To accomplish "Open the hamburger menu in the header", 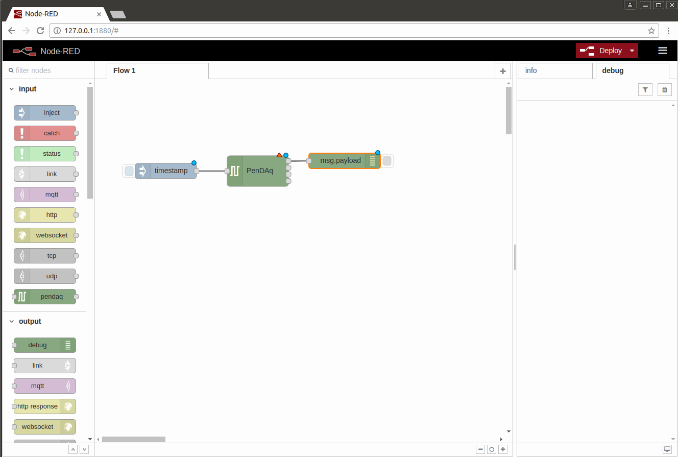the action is pyautogui.click(x=663, y=51).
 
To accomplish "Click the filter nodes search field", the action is pyautogui.click(x=49, y=70).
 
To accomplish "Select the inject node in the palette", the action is pyautogui.click(x=45, y=112).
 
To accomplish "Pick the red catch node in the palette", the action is pyautogui.click(x=45, y=133).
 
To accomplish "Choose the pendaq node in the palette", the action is pyautogui.click(x=45, y=297).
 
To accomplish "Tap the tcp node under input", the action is pyautogui.click(x=45, y=256).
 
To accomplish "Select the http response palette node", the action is pyautogui.click(x=45, y=406).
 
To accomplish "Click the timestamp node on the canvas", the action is pyautogui.click(x=166, y=171).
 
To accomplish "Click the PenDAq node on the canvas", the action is pyautogui.click(x=258, y=171).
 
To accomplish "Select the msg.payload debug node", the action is pyautogui.click(x=345, y=161).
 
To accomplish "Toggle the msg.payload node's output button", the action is pyautogui.click(x=387, y=161).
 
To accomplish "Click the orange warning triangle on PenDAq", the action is pyautogui.click(x=279, y=155).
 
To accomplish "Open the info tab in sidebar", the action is pyautogui.click(x=555, y=71).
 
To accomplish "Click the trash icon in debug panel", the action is pyautogui.click(x=664, y=89).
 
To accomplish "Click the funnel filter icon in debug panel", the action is pyautogui.click(x=645, y=89).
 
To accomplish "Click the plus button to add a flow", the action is pyautogui.click(x=503, y=71).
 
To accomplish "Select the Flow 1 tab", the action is pyautogui.click(x=158, y=71).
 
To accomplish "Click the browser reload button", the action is pyautogui.click(x=40, y=31).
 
